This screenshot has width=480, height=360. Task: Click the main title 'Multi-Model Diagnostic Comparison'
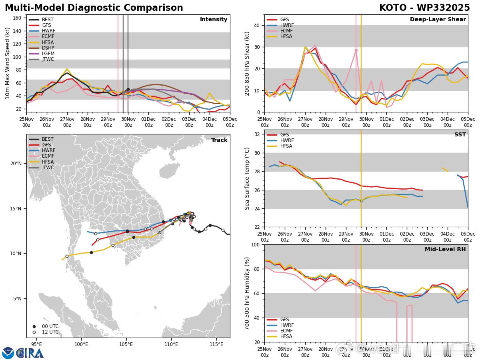click(94, 8)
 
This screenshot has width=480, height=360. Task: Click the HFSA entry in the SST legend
click(286, 146)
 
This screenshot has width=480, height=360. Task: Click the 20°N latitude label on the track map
click(16, 163)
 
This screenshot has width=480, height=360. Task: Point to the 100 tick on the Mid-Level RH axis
click(255, 244)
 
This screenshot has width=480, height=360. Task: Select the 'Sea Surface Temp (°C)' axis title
click(247, 178)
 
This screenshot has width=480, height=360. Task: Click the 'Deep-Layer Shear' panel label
click(438, 20)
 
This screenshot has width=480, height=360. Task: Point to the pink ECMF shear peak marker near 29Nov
click(356, 50)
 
